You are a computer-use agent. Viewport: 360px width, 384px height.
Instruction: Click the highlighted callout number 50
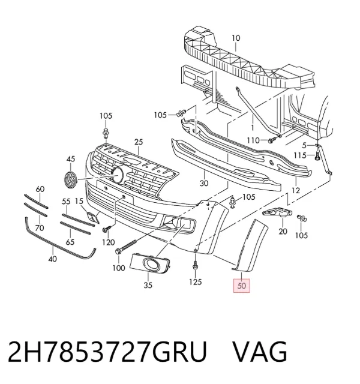click(241, 286)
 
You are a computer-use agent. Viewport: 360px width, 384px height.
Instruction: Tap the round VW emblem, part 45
click(70, 180)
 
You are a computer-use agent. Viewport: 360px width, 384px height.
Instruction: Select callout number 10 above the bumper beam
click(236, 38)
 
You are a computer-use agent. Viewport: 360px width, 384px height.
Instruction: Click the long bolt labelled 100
click(125, 246)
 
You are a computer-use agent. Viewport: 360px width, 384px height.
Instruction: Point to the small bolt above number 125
click(195, 265)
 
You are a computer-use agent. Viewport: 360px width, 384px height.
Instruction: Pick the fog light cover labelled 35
click(149, 263)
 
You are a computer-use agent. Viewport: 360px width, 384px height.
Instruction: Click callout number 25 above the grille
click(139, 142)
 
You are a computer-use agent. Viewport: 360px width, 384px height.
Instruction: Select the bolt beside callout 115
click(317, 156)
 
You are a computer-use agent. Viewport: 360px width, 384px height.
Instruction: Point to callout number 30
click(204, 183)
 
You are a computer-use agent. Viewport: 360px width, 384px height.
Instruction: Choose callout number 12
click(296, 190)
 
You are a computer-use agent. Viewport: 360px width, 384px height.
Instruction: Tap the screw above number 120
click(107, 229)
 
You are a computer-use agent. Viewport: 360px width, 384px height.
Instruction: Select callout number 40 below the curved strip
click(53, 259)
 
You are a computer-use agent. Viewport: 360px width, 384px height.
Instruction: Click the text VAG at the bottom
click(260, 352)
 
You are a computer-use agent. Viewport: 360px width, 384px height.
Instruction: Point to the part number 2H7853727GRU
click(107, 352)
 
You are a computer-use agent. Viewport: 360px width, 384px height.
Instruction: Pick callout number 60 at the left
click(40, 189)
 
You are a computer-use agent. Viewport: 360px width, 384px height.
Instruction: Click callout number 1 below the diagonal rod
click(253, 128)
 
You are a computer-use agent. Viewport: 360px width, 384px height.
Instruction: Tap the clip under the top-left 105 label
click(106, 133)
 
